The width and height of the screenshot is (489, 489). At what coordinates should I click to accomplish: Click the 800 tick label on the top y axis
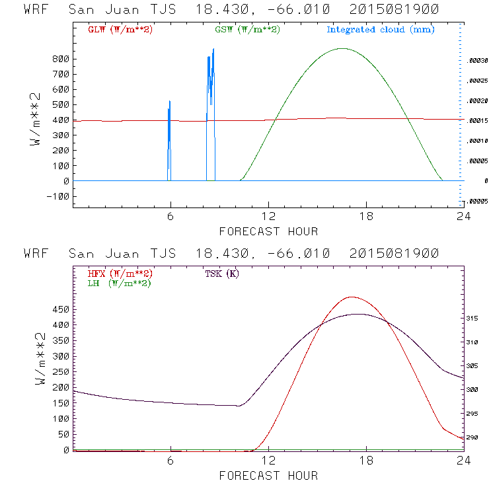(60, 59)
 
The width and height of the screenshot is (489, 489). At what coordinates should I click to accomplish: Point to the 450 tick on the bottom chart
(60, 309)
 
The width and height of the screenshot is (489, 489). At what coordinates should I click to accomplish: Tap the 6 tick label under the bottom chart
(170, 462)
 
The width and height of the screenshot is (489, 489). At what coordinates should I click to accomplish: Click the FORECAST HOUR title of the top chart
(268, 231)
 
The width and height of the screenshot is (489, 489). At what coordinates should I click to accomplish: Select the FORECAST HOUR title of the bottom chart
(268, 476)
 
